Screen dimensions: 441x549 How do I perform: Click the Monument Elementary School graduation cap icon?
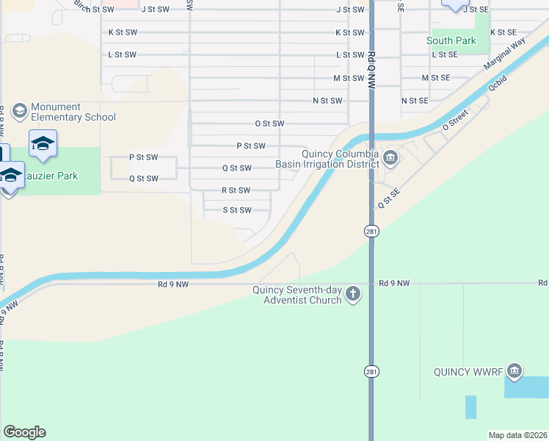pos(19,111)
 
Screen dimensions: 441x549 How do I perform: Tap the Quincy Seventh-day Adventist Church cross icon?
pos(353,295)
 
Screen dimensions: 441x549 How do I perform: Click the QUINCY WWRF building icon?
pos(515,370)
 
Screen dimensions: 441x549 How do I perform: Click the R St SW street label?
pos(236,190)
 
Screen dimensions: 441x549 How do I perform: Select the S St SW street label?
pos(236,210)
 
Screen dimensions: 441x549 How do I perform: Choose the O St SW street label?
pos(269,124)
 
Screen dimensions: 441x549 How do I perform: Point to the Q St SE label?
pos(388,197)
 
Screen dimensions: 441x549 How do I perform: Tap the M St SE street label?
pos(435,77)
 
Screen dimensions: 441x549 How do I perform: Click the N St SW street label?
pos(327,101)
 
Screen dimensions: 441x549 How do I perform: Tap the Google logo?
pos(24,432)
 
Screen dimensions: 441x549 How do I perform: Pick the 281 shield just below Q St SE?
pos(372,231)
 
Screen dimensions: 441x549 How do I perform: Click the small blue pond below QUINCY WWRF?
pos(470,407)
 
